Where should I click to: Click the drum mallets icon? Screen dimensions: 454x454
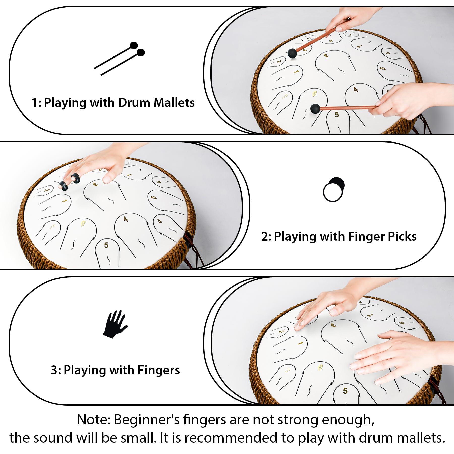(119, 59)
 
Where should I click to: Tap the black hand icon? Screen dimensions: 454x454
(115, 324)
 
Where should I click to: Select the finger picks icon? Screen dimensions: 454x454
(333, 189)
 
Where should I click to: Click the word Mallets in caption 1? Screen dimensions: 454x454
(174, 103)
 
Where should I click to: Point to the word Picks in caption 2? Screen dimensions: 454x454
(402, 237)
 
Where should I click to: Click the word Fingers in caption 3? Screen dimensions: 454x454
(159, 370)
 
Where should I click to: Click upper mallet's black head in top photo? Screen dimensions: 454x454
(292, 53)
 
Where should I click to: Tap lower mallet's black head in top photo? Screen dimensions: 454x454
(315, 109)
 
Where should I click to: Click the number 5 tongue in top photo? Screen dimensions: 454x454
(337, 115)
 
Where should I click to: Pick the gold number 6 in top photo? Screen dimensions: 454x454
(314, 94)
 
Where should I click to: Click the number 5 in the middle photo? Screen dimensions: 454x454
(106, 245)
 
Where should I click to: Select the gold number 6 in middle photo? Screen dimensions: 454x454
(83, 223)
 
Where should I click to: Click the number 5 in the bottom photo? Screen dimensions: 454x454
(345, 391)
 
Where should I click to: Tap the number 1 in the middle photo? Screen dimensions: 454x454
(64, 201)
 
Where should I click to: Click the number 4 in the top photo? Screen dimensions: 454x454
(356, 89)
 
